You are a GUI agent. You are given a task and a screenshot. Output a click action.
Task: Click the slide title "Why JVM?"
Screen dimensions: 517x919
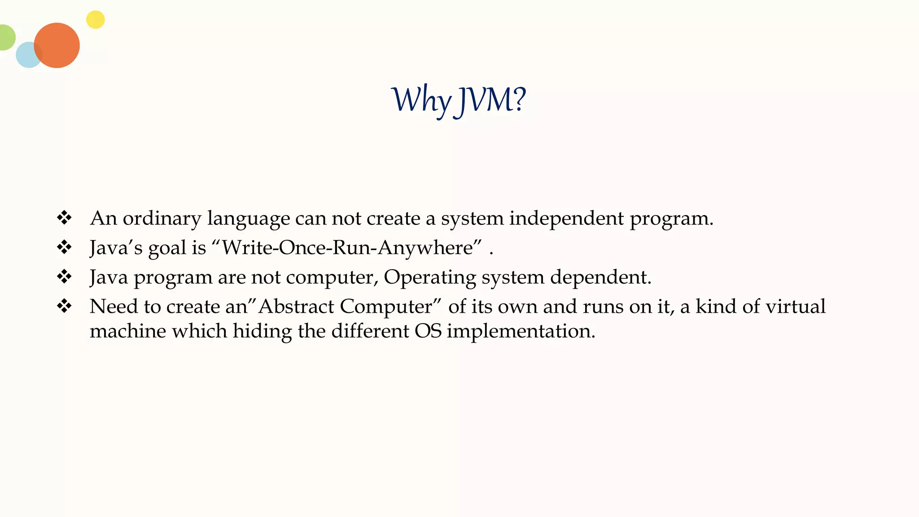pos(458,100)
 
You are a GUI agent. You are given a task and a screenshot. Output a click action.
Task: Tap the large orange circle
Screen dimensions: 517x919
pos(57,45)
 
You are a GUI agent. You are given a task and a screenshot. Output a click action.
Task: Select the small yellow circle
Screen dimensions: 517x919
pos(95,20)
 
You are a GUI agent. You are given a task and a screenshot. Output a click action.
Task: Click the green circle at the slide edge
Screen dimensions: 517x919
pos(6,38)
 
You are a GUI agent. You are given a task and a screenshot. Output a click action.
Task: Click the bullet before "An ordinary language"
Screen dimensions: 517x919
pos(64,218)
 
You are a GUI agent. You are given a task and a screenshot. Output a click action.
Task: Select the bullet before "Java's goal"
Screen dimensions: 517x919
pos(64,247)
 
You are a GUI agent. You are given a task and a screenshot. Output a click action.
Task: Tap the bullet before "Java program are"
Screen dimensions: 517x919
pos(64,276)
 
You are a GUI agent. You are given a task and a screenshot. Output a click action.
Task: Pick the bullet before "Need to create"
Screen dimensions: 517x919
pos(64,306)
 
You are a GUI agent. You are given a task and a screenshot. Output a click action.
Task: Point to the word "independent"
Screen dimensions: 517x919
pos(566,218)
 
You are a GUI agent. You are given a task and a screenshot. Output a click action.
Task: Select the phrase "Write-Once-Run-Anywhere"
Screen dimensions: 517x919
pos(347,247)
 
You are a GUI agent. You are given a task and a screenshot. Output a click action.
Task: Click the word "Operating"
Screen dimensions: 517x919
pos(429,277)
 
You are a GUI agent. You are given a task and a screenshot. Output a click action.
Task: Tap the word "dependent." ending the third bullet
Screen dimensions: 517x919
pos(601,277)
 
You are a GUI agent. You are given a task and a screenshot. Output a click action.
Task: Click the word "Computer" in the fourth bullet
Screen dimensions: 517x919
pos(386,307)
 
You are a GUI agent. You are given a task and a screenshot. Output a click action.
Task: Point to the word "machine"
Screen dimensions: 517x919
pos(128,331)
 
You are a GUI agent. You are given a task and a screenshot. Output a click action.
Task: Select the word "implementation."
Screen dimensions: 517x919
pos(521,332)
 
